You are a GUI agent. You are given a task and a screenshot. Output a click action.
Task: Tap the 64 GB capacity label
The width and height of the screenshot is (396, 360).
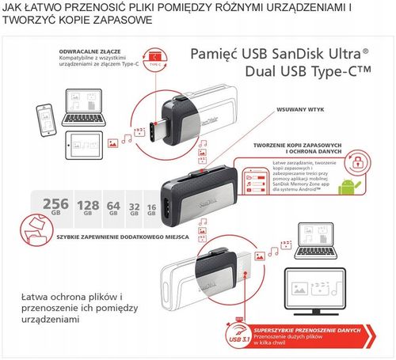[x=114, y=208]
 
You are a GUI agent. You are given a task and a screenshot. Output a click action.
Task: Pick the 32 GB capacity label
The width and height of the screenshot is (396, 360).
[x=135, y=209]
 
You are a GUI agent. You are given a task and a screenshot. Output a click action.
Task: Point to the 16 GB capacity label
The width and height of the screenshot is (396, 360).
[x=151, y=210]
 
